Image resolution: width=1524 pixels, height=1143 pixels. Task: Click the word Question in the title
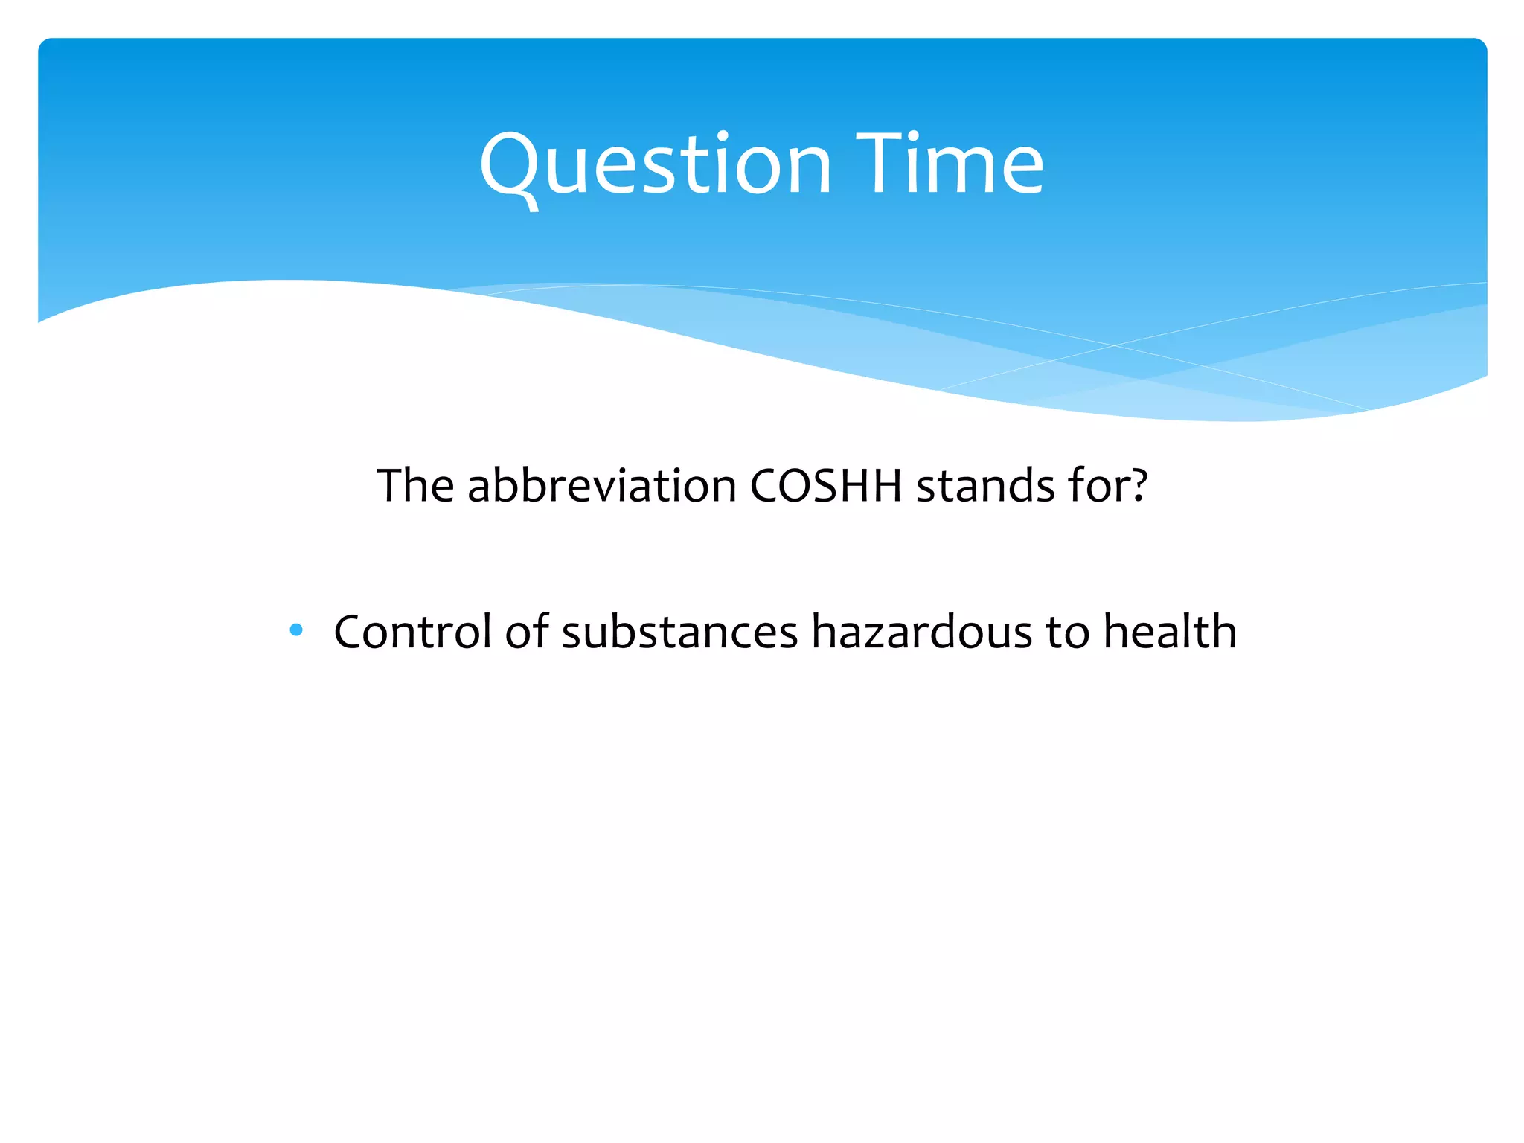[x=655, y=165]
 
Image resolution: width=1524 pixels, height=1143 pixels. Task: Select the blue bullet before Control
[x=296, y=630]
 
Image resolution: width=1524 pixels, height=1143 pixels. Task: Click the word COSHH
[x=825, y=486]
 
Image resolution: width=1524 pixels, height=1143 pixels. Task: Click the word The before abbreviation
[x=415, y=486]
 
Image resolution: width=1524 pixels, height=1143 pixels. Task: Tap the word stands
[x=984, y=486]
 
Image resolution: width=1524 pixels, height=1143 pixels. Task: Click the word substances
[x=679, y=632]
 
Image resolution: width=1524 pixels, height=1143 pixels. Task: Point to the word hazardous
[x=921, y=632]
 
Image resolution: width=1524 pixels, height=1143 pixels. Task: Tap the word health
[x=1169, y=632]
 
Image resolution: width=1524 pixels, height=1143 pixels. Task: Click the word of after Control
[x=526, y=632]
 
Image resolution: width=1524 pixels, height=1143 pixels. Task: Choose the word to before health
[x=1067, y=632]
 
